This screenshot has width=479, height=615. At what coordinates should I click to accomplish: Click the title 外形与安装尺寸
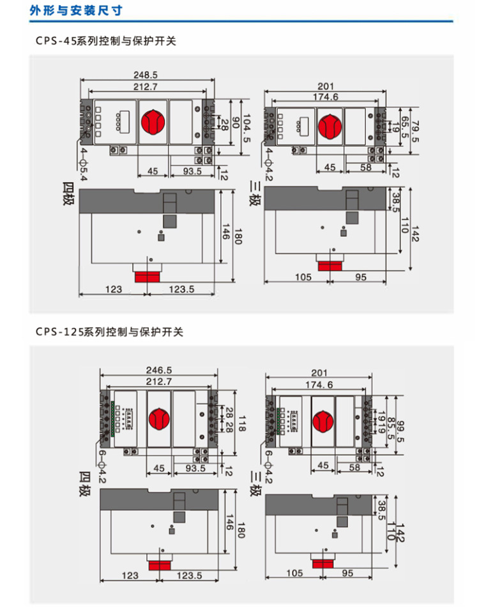point(76,11)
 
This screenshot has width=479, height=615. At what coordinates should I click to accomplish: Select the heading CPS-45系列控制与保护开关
point(105,42)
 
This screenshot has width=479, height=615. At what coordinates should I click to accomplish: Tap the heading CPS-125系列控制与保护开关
point(109,332)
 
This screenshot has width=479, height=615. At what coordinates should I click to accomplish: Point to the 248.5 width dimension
point(146,74)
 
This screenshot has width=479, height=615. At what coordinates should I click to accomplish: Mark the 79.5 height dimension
point(414,130)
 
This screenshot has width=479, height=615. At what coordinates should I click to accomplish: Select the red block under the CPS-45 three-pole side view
point(331,265)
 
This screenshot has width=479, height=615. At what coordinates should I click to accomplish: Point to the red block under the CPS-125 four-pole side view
point(162,564)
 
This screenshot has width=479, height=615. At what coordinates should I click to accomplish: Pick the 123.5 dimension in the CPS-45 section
point(182,289)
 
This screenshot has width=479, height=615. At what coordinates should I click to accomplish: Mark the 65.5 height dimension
point(403,130)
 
